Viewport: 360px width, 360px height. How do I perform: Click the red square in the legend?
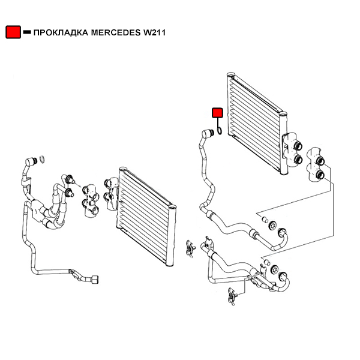pos(13,32)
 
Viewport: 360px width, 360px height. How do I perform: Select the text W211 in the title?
pos(154,33)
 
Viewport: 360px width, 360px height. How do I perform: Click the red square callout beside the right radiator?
pos(217,112)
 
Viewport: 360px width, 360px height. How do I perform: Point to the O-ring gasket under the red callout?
pos(220,129)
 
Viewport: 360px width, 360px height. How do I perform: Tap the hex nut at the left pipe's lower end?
pos(95,278)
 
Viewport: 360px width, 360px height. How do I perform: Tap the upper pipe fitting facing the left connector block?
pos(70,178)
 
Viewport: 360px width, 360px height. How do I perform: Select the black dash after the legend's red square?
pos(26,32)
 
